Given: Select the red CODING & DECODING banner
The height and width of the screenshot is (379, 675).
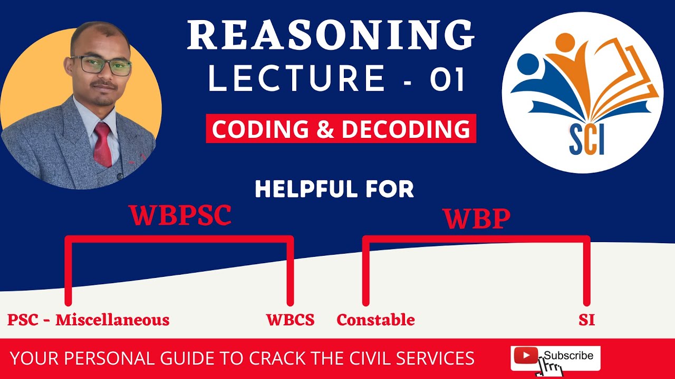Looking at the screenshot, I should pyautogui.click(x=341, y=129).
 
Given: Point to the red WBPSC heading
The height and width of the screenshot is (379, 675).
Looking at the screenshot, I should pyautogui.click(x=180, y=216).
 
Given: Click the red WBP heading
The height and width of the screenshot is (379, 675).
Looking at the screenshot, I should pyautogui.click(x=476, y=220).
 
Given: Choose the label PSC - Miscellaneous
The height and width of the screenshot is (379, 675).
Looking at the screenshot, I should pyautogui.click(x=88, y=320).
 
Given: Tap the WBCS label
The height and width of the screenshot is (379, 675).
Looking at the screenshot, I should pyautogui.click(x=290, y=320).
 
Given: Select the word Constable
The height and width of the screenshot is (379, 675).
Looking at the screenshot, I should pyautogui.click(x=375, y=320).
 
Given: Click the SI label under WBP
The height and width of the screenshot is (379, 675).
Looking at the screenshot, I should pyautogui.click(x=586, y=320).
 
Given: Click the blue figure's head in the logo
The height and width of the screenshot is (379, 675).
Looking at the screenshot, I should pyautogui.click(x=528, y=64).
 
